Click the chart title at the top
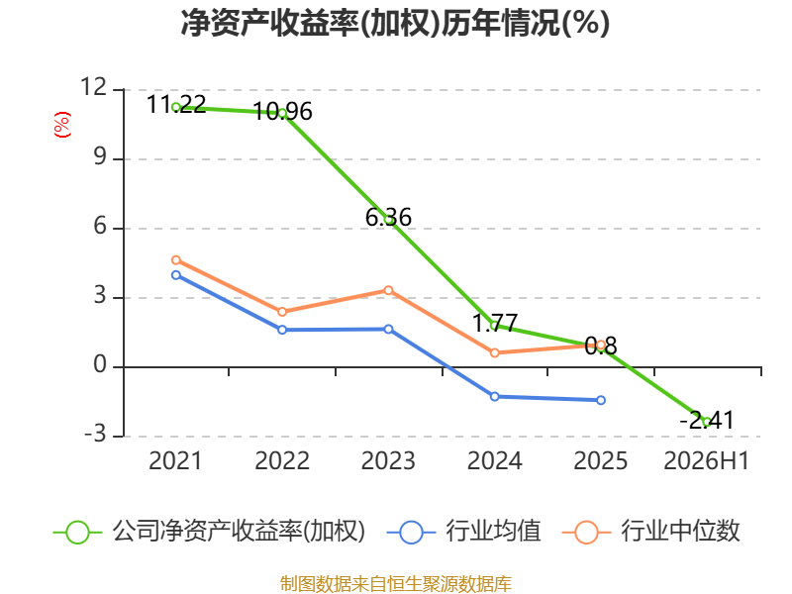[x=395, y=23]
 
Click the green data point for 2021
[x=176, y=107]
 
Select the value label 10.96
[x=282, y=112]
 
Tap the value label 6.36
[x=388, y=217]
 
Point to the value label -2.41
[x=707, y=420]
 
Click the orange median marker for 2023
[x=388, y=290]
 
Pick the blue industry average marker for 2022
[x=282, y=330]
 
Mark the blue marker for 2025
[x=601, y=400]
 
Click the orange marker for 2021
[x=176, y=260]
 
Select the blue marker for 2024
[x=495, y=397]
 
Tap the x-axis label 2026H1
[x=707, y=460]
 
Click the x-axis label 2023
[x=388, y=460]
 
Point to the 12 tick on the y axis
[x=94, y=87]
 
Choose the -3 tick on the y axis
[x=95, y=434]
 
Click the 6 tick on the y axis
[x=101, y=226]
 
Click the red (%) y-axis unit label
[x=62, y=125]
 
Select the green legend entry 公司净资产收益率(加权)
[x=209, y=532]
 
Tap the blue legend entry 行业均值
[x=464, y=532]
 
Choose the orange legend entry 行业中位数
[x=651, y=532]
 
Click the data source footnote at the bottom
[x=396, y=584]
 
